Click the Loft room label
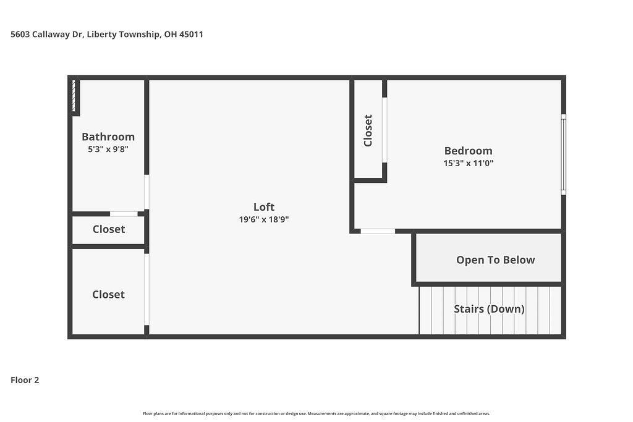pyautogui.click(x=263, y=207)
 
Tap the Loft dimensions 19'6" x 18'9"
pyautogui.click(x=263, y=219)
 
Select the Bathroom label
pyautogui.click(x=108, y=137)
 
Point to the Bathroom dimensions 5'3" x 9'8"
pyautogui.click(x=108, y=150)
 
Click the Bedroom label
pyautogui.click(x=469, y=151)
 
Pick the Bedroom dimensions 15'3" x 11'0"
pyautogui.click(x=469, y=163)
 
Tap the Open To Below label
pyautogui.click(x=495, y=260)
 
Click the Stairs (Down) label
pyautogui.click(x=490, y=309)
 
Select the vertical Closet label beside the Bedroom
pyautogui.click(x=368, y=131)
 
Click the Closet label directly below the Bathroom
pyautogui.click(x=109, y=229)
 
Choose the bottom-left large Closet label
pyautogui.click(x=108, y=295)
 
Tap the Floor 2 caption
pyautogui.click(x=25, y=380)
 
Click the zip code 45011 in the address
pyautogui.click(x=191, y=35)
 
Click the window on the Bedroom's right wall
pyautogui.click(x=564, y=154)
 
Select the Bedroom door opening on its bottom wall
pyautogui.click(x=378, y=231)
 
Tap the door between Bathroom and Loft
pyautogui.click(x=147, y=192)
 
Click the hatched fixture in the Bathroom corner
pyautogui.click(x=74, y=96)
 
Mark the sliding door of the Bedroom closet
pyautogui.click(x=384, y=130)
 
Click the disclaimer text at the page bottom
pyautogui.click(x=316, y=413)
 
